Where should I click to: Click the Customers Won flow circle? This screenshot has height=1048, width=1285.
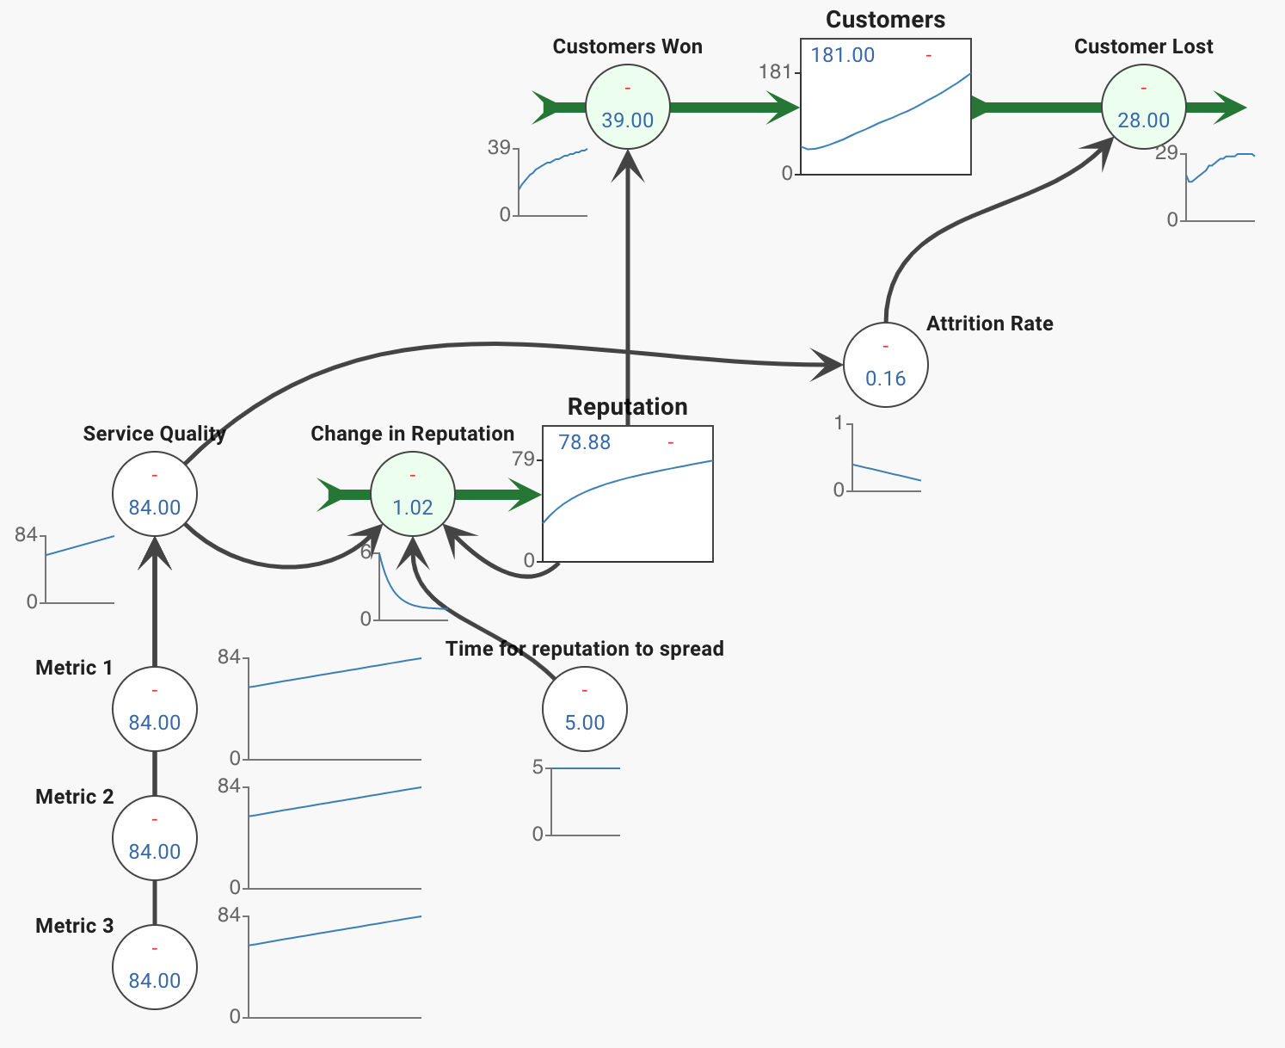[628, 107]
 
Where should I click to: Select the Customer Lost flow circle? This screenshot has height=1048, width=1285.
[1144, 107]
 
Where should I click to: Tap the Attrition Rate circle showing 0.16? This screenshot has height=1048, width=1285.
[885, 365]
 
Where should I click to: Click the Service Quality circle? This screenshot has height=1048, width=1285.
[155, 494]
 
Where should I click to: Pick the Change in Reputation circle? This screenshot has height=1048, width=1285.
[413, 494]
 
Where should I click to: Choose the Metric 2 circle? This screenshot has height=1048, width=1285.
[155, 838]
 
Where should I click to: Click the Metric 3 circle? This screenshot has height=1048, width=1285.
[155, 967]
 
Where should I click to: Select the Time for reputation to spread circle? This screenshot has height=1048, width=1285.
[584, 708]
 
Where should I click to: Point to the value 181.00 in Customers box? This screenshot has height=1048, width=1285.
[842, 55]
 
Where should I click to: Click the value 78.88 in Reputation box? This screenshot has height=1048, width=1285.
[584, 442]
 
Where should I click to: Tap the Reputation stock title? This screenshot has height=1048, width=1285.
[628, 407]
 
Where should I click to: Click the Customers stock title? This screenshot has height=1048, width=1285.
[885, 20]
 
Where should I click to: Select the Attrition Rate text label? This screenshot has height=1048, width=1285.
[989, 324]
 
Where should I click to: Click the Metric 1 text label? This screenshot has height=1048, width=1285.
[74, 668]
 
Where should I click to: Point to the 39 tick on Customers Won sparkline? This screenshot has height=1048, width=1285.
[499, 147]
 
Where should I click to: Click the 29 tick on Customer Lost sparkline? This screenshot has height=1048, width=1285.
[1166, 152]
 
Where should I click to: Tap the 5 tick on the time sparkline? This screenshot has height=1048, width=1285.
[538, 767]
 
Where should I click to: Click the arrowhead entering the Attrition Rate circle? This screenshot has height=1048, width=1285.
[828, 365]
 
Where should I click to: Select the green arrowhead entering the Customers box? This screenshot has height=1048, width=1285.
[783, 108]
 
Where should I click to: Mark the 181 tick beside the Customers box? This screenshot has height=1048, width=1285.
[774, 72]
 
